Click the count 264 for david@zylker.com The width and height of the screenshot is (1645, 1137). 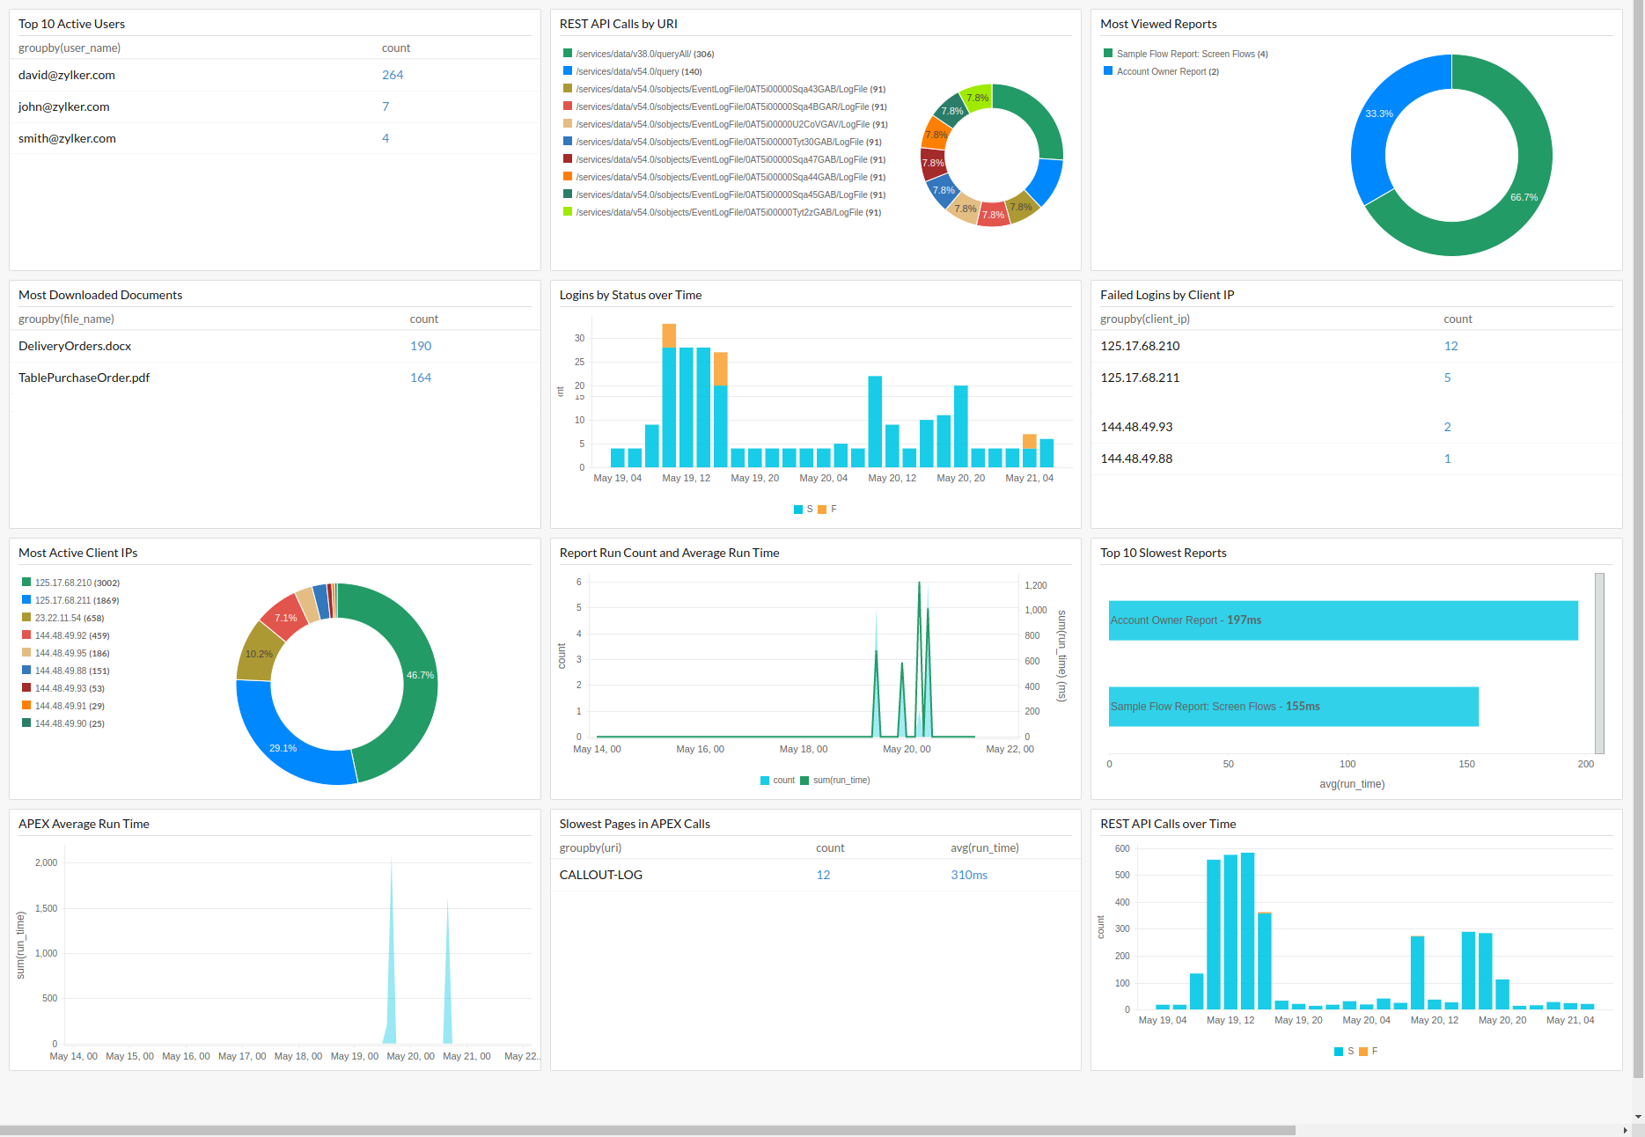coord(393,75)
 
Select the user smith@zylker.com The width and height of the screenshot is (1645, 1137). coord(67,138)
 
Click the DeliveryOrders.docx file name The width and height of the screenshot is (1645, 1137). coord(75,346)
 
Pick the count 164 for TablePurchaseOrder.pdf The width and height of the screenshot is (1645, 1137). coord(421,378)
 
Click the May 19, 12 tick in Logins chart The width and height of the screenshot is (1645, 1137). coord(686,478)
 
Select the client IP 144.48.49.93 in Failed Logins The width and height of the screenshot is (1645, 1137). coord(1136,427)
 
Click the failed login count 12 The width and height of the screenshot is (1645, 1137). coord(1450,346)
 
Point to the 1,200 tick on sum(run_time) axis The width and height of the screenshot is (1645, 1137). coord(1036,585)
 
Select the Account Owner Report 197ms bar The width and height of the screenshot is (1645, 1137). coord(1342,620)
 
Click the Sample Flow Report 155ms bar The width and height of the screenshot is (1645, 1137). coord(1293,707)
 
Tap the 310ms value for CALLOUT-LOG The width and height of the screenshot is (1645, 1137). coord(968,875)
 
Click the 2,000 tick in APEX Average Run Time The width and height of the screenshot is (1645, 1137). coord(46,862)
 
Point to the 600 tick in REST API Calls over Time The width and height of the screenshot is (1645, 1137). coord(1122,848)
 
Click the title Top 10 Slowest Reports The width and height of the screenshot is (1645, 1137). coord(1163,553)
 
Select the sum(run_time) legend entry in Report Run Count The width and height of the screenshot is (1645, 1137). coord(841,781)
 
